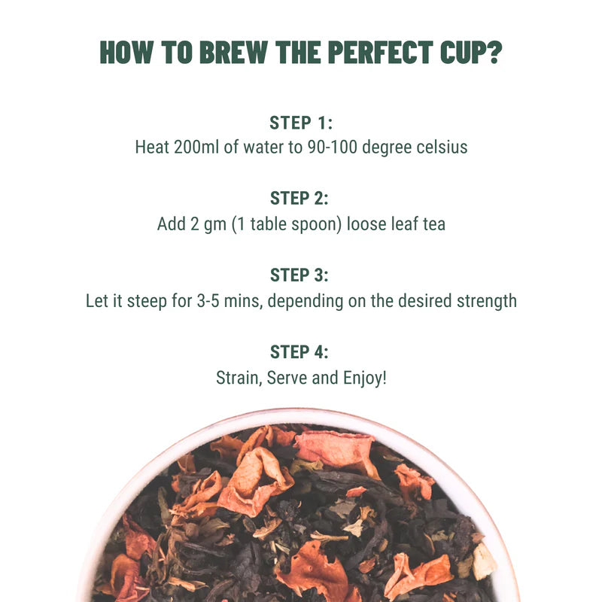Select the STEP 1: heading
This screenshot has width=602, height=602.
(300, 123)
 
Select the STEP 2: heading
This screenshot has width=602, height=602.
(300, 199)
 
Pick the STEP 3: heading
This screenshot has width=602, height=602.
(300, 275)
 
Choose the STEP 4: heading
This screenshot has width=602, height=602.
(300, 351)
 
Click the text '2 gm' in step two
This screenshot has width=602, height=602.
(205, 224)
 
